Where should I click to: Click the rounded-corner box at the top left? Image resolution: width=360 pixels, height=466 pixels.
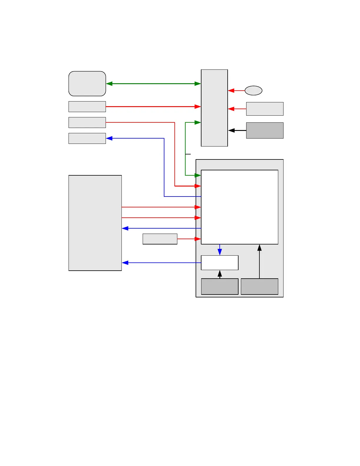click(87, 84)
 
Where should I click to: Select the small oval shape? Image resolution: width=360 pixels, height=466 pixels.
click(254, 91)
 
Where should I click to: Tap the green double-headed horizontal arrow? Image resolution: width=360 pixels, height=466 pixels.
click(153, 84)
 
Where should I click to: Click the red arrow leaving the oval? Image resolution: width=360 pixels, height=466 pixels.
click(236, 91)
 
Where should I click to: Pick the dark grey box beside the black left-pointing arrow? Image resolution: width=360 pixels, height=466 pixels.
click(265, 130)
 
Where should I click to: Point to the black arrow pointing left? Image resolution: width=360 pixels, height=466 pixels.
click(237, 130)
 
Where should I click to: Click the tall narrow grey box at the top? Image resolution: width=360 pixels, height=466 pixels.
click(214, 108)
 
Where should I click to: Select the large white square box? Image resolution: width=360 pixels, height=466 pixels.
click(239, 207)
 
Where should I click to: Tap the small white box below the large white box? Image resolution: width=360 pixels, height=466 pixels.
click(219, 263)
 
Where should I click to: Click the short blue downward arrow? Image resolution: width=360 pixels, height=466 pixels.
click(220, 250)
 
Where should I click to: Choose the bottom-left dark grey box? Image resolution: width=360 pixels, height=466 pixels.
click(219, 287)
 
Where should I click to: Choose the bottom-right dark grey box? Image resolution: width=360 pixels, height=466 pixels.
click(259, 287)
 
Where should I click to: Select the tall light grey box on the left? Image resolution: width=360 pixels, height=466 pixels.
click(95, 223)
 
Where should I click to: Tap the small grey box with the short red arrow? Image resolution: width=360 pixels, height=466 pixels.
click(160, 239)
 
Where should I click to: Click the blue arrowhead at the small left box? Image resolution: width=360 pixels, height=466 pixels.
click(109, 138)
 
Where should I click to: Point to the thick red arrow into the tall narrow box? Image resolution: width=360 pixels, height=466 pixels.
click(153, 106)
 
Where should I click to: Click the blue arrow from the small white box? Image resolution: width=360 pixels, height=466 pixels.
click(161, 263)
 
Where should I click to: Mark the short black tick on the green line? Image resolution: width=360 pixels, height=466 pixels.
click(188, 154)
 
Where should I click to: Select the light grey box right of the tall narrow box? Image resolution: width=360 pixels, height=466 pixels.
click(265, 109)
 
